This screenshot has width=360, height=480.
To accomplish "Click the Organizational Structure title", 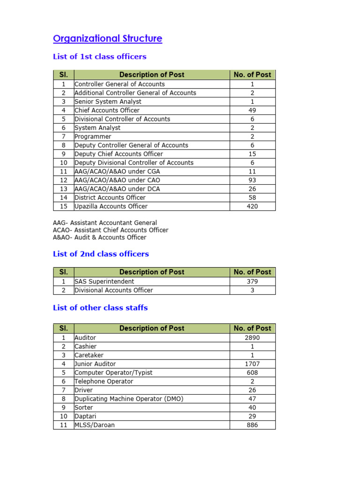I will tap(108, 39).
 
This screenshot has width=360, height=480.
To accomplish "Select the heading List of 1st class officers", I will tap(99, 57).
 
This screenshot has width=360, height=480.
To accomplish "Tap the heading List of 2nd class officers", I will tap(101, 254).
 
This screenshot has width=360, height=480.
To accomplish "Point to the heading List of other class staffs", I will tap(100, 308).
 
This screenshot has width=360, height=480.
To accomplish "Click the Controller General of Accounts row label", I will tap(120, 84).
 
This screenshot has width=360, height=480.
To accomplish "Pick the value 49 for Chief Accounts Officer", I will tap(252, 111).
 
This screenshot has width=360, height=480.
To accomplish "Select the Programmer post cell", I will tap(93, 137).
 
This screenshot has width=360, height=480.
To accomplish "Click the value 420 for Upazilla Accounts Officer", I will tap(252, 207).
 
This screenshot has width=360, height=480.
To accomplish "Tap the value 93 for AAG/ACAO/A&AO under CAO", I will tap(252, 180).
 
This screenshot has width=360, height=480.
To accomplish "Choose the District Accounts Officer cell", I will tap(110, 198).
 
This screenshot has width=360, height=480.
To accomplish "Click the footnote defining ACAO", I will tap(111, 230).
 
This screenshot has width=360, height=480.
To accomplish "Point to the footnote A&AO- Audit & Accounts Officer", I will tap(99, 238).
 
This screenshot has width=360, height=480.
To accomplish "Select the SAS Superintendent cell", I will tap(104, 282).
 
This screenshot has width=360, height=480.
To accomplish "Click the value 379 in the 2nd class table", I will tap(252, 282).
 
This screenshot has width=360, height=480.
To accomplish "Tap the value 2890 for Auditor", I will tap(252, 338).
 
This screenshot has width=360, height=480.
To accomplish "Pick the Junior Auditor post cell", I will tap(95, 364).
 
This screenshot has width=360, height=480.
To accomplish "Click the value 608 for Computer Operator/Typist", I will tap(252, 373).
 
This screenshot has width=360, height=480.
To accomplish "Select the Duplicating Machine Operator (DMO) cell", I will tap(129, 399).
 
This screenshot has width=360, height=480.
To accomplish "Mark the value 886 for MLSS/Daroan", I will tap(252, 426).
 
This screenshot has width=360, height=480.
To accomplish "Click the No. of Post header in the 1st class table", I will tap(252, 75).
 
